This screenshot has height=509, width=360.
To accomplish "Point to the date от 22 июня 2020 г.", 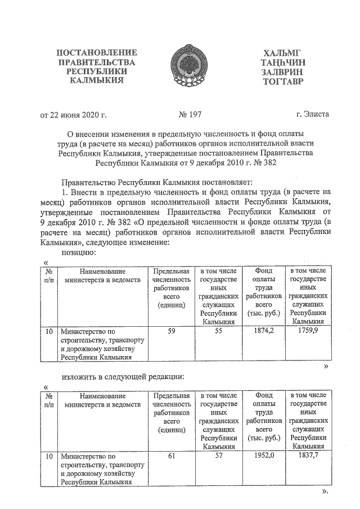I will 74,115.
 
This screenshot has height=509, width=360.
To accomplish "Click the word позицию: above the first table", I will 79,253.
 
